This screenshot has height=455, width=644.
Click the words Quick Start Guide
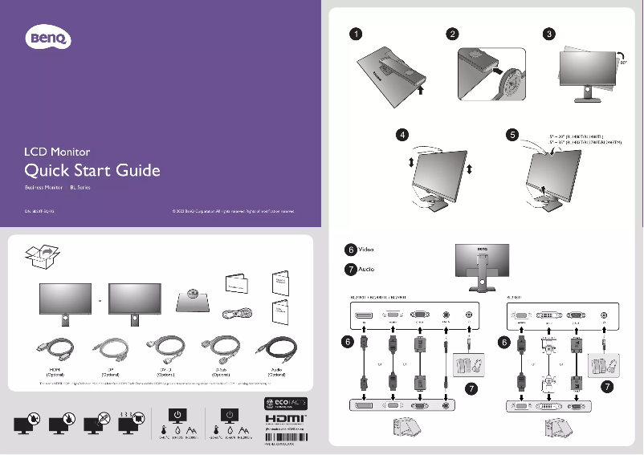tap(92, 170)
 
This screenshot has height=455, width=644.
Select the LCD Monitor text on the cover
tap(57, 151)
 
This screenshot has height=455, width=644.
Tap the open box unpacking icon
tap(42, 258)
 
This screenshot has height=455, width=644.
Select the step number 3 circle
tap(548, 35)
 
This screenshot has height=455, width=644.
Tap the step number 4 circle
tap(403, 134)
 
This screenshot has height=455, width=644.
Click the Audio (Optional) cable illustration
tap(275, 351)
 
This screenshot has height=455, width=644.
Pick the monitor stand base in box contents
tap(191, 301)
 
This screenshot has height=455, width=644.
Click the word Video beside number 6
tap(366, 250)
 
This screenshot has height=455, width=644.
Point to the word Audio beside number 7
tap(366, 269)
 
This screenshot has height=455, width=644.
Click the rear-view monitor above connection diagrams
tap(482, 265)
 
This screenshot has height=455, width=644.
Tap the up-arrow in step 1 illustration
tap(420, 91)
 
